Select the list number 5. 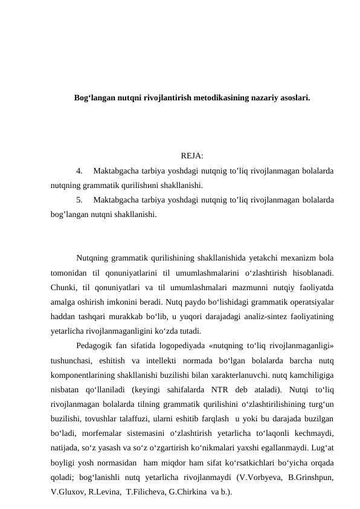(x=81, y=200)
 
